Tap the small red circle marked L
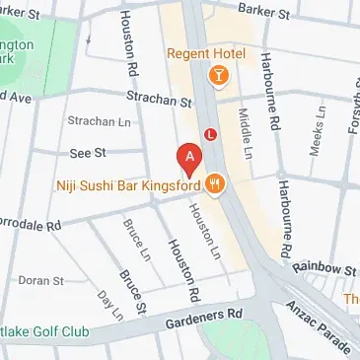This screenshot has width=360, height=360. [x=209, y=133]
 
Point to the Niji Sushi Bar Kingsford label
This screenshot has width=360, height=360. [x=140, y=182]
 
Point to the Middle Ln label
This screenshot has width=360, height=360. [x=244, y=122]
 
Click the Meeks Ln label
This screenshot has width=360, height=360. [x=317, y=143]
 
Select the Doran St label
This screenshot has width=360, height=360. [x=40, y=280]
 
